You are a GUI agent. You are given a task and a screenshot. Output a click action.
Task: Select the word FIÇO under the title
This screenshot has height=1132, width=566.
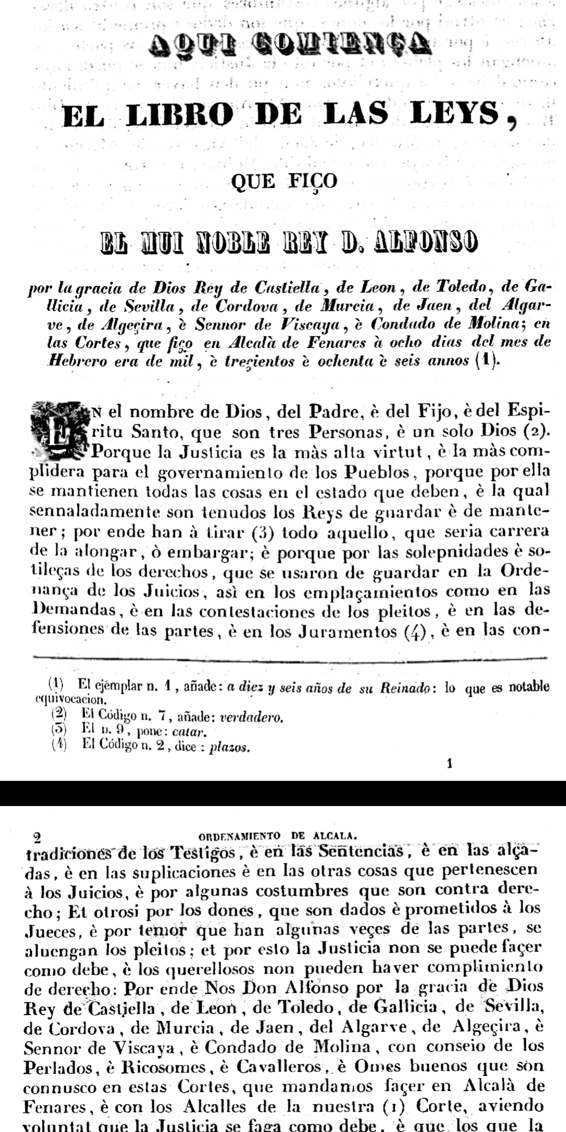tap(312, 181)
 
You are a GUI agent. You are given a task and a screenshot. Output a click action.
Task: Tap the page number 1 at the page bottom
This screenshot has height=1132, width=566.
tap(449, 764)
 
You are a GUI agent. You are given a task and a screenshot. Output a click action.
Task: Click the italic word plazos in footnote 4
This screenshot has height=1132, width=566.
tap(229, 747)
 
